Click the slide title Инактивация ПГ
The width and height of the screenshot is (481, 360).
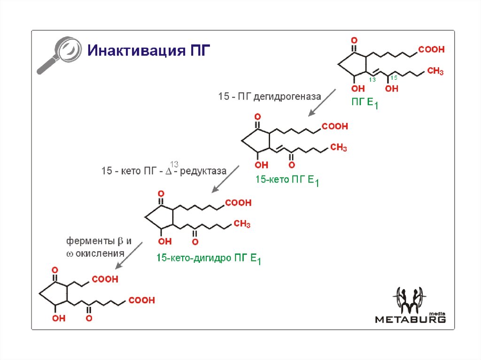[x=146, y=50]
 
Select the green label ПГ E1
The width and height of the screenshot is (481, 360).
[x=365, y=103]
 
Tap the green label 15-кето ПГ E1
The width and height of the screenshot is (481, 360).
[x=287, y=180]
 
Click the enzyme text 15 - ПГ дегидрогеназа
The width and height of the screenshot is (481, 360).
[x=269, y=97]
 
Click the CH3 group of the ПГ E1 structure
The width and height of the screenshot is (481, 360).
[x=435, y=71]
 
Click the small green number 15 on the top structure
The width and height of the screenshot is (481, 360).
[x=394, y=77]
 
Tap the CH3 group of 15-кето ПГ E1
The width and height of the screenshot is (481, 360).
[x=338, y=148]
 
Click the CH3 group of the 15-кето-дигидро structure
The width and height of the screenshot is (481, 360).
[x=241, y=224]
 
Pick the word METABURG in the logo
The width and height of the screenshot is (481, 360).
[x=410, y=320]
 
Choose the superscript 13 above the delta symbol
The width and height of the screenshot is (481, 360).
[x=174, y=164]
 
